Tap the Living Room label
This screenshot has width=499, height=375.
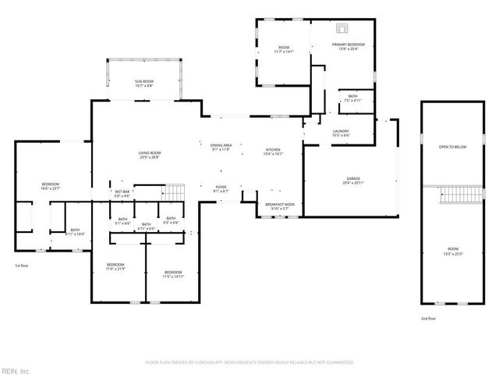pos(150,155)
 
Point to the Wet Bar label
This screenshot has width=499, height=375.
pos(122,193)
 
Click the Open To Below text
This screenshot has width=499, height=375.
pos(451,146)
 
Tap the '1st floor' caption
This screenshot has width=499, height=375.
pos(22,266)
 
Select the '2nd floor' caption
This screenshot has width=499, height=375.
pos(429,319)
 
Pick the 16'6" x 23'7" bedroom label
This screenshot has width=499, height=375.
pos(51,186)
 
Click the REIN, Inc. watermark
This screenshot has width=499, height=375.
pos(15,370)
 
